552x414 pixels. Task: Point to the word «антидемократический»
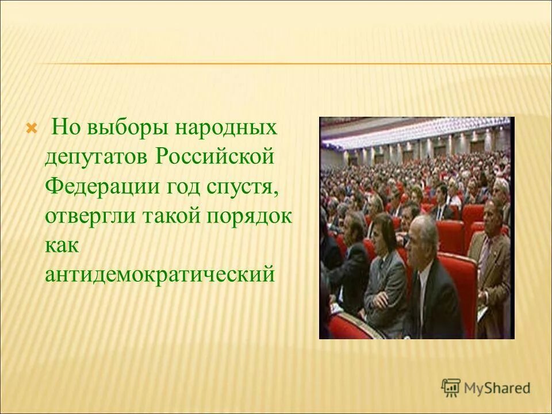[159, 274]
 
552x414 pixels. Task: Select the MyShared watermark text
[498, 388]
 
